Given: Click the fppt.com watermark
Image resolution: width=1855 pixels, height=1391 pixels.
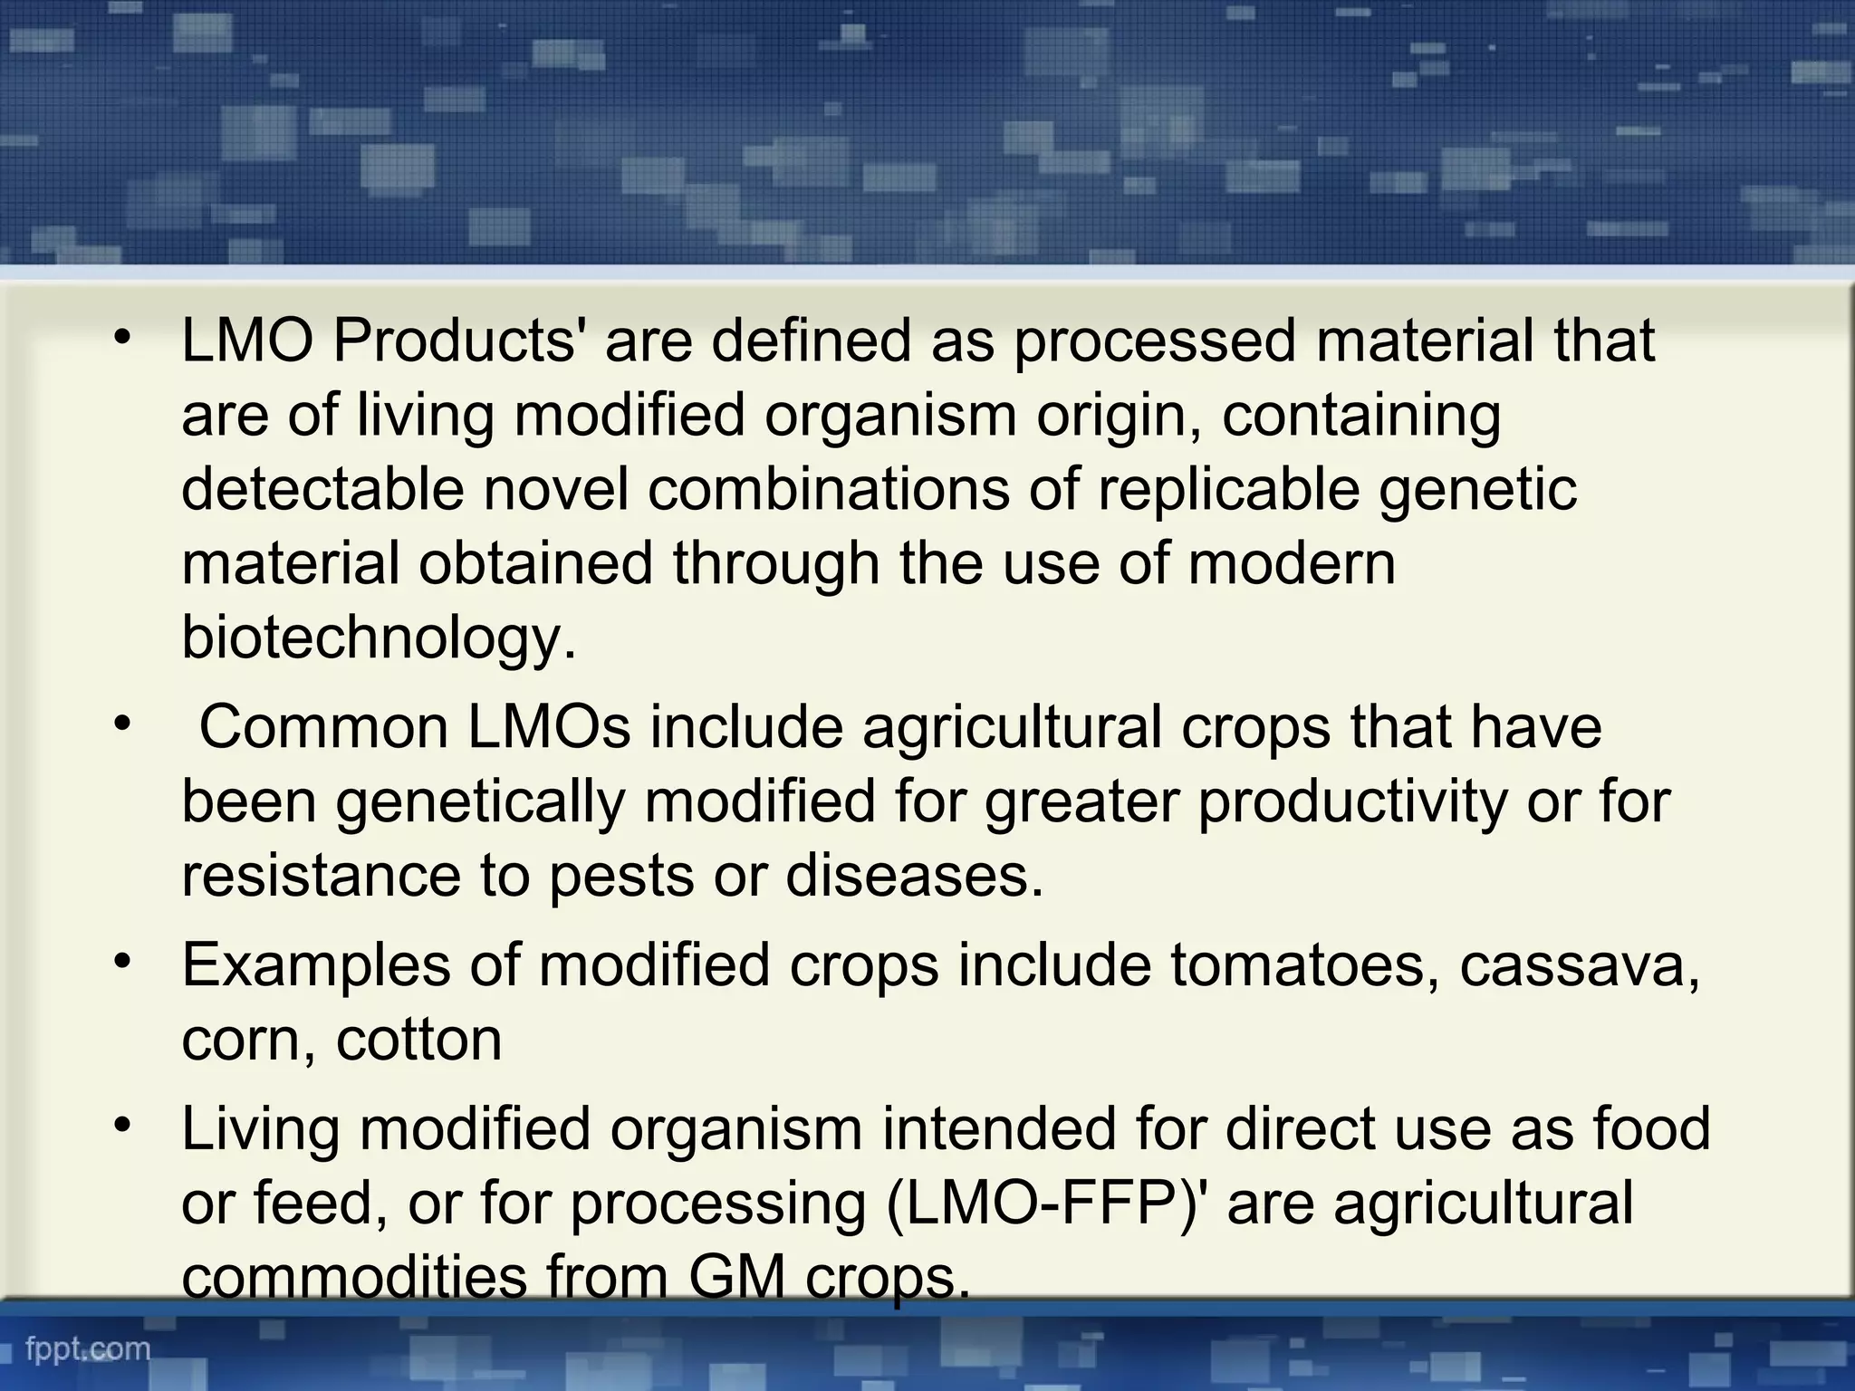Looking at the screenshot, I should coord(88,1348).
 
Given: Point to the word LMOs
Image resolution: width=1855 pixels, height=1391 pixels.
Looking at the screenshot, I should coord(548,727).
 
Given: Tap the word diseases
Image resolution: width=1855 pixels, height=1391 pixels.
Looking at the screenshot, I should coord(914,876).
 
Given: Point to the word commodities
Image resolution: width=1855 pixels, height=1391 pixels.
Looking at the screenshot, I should coord(354,1278).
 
